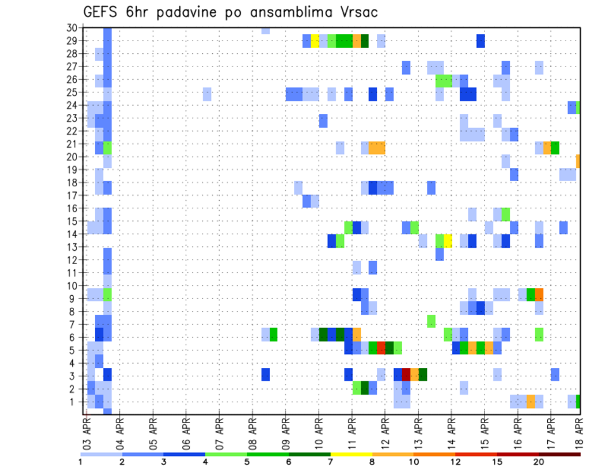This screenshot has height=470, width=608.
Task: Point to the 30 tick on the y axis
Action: pos(72,28)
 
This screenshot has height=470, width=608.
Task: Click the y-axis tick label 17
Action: pos(72,196)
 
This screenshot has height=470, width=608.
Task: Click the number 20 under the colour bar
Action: pos(539,461)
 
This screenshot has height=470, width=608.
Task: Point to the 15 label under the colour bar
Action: pos(497,461)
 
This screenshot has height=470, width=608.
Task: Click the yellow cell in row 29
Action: pos(315,41)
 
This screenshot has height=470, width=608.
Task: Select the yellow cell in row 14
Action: pos(448,241)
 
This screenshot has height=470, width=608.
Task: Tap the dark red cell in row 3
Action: pos(406,374)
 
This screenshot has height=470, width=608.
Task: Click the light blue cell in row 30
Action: pos(265,30)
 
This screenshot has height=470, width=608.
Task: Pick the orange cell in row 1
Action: pos(531,401)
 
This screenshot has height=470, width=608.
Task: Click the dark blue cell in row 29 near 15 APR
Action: pos(481,41)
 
